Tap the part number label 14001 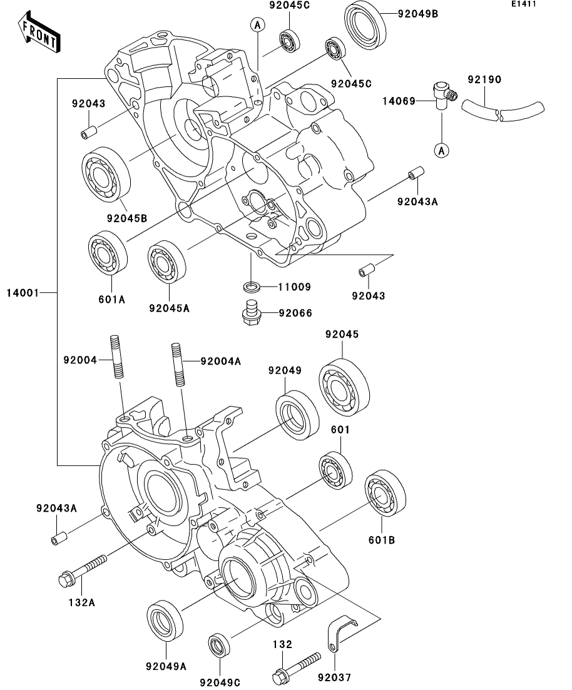click(23, 292)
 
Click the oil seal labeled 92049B click(366, 25)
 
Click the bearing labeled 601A click(108, 252)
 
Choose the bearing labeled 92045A click(168, 261)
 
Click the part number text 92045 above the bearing click(342, 335)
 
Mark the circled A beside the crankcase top click(256, 25)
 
